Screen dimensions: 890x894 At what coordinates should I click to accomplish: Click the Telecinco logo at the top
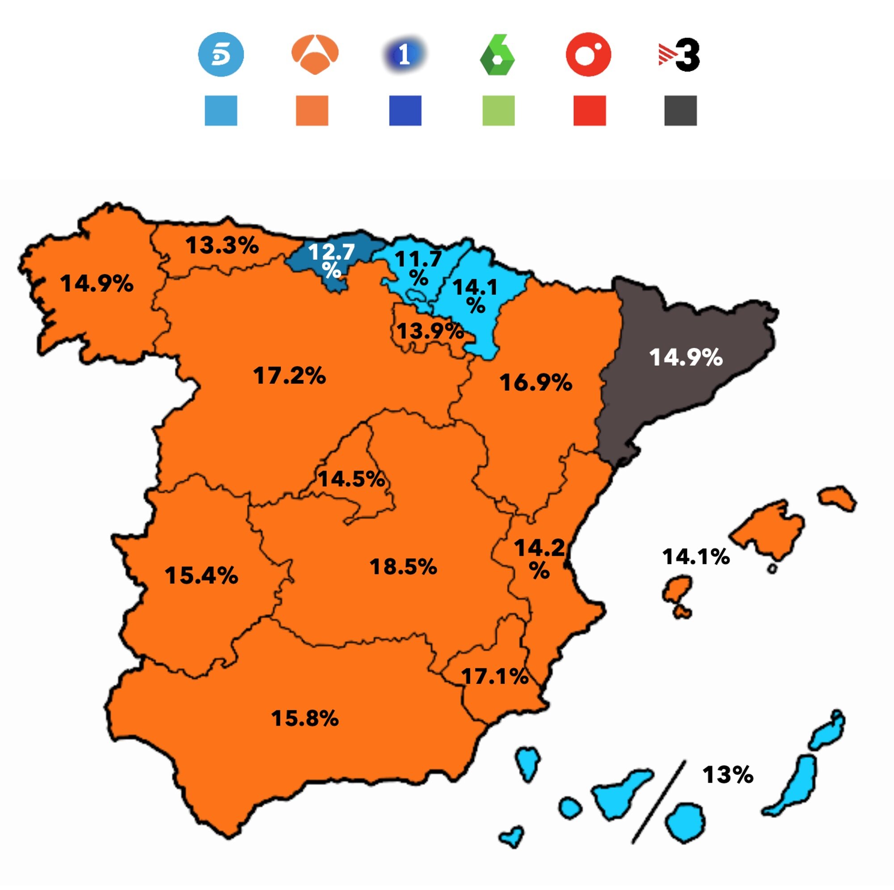tap(221, 55)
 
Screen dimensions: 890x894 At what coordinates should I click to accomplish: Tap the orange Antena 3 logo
tap(315, 54)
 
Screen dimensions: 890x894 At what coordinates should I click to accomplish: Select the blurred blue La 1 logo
tap(405, 55)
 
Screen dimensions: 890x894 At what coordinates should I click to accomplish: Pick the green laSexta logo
tap(498, 55)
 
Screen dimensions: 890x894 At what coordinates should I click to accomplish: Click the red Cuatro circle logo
tap(589, 55)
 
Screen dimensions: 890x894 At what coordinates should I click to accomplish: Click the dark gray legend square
tap(680, 110)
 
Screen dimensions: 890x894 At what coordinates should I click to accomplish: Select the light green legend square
tap(498, 110)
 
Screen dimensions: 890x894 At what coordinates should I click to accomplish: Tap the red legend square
tap(590, 110)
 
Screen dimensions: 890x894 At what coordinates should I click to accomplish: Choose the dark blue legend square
tap(405, 110)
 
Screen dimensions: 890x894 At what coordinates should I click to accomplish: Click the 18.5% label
tap(403, 567)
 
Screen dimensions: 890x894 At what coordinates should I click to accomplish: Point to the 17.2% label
tap(290, 376)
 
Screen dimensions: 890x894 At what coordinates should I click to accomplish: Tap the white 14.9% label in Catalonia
tap(685, 357)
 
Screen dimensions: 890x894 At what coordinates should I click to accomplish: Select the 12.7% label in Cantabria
tap(331, 260)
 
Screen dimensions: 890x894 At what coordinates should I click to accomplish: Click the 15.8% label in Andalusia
tap(305, 718)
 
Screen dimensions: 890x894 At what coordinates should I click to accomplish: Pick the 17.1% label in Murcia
tap(495, 677)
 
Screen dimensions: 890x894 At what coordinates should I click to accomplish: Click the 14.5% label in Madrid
tap(351, 479)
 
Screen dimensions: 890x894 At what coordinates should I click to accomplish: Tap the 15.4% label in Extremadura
tap(201, 576)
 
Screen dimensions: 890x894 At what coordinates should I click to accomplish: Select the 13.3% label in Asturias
tap(222, 245)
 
